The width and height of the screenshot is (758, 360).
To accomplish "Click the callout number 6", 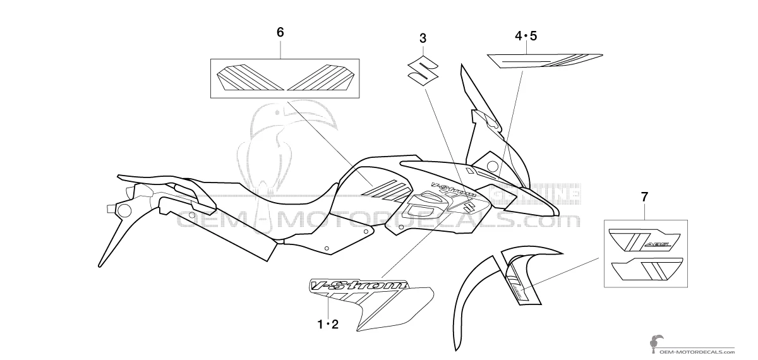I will pos(280,32).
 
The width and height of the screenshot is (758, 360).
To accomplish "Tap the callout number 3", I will pos(423,39).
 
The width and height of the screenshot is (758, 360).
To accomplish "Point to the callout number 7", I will pos(644,197).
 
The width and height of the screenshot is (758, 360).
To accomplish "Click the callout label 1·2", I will pos(328,325).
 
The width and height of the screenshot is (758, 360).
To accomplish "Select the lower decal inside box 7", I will pos(644,270).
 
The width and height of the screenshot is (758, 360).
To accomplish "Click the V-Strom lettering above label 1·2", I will pos(357,287).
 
